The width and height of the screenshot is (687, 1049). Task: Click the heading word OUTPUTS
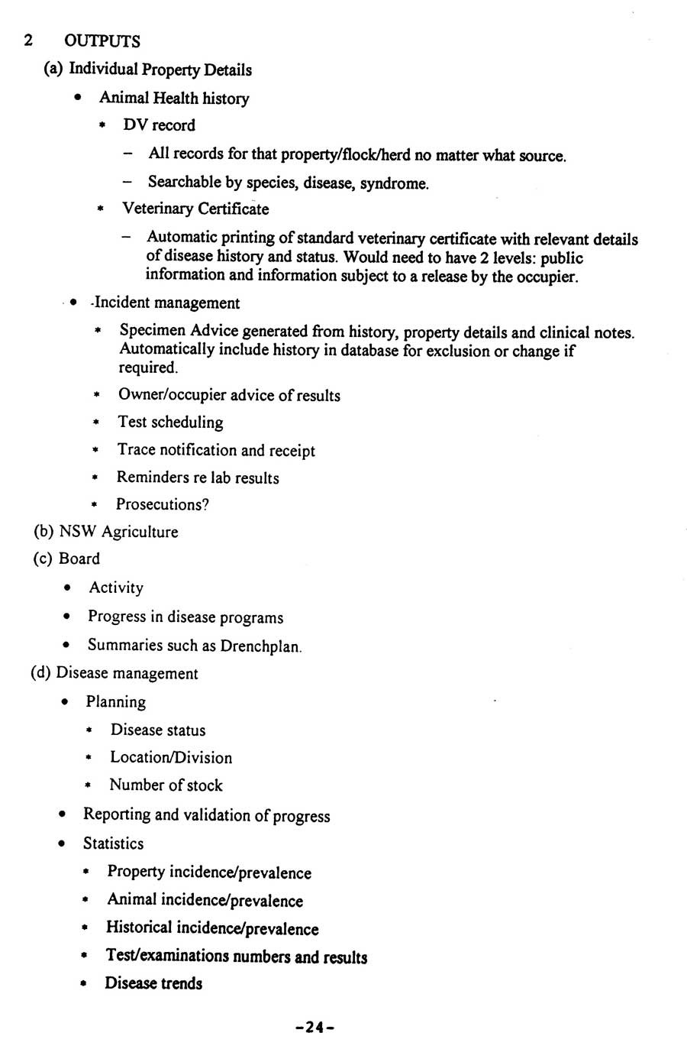coord(103,40)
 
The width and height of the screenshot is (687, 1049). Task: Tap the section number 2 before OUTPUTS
coord(28,40)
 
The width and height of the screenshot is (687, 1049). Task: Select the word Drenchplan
coord(261,646)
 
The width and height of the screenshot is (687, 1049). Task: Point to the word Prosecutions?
coord(163,504)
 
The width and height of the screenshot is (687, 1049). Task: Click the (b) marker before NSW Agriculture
coord(44,532)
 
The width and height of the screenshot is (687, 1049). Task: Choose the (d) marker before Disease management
coord(40,673)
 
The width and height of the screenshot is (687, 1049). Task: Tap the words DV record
coord(159,125)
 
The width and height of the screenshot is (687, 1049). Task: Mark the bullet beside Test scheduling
coord(97,423)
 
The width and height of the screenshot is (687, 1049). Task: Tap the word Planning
coord(116,701)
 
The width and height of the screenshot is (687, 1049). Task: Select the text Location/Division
coord(171,758)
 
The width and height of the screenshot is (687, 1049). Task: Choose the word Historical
coord(139,928)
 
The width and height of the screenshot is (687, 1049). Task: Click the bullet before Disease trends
coord(86,984)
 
